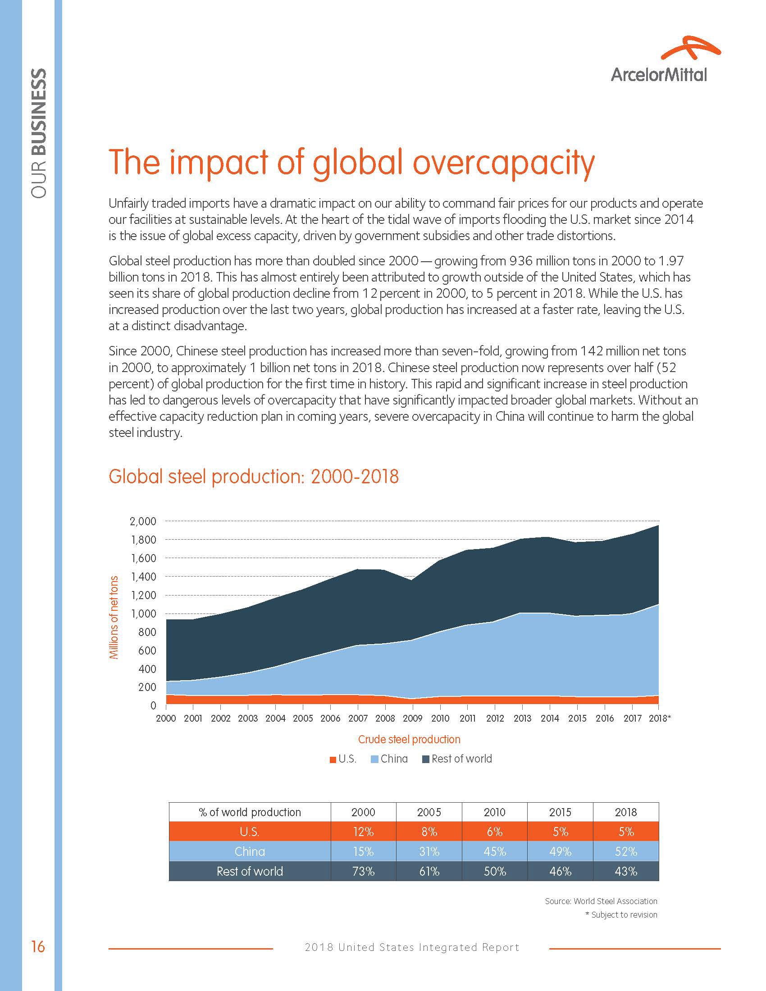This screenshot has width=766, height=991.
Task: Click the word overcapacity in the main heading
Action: click(x=503, y=163)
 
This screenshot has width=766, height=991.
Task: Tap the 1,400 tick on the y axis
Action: click(x=143, y=577)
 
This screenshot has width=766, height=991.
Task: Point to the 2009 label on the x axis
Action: click(x=412, y=718)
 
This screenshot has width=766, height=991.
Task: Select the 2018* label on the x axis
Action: click(x=659, y=718)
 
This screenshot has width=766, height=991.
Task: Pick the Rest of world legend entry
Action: click(x=457, y=759)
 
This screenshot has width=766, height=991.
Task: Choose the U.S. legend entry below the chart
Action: click(x=343, y=759)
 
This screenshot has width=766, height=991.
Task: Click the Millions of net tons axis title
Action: click(x=114, y=617)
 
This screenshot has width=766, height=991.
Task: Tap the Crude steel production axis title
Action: click(x=409, y=739)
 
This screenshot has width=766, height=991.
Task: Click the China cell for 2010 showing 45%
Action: click(x=494, y=852)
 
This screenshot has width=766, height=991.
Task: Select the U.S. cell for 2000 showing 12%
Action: click(x=363, y=832)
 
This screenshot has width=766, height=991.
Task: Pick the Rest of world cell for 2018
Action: click(x=626, y=871)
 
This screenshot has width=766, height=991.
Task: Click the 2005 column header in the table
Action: click(x=429, y=812)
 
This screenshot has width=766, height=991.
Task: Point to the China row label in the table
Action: click(x=250, y=852)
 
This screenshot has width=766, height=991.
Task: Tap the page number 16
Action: click(x=38, y=946)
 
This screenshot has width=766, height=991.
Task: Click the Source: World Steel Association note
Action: click(x=601, y=901)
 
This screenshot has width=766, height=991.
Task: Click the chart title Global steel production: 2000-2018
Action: click(x=254, y=477)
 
